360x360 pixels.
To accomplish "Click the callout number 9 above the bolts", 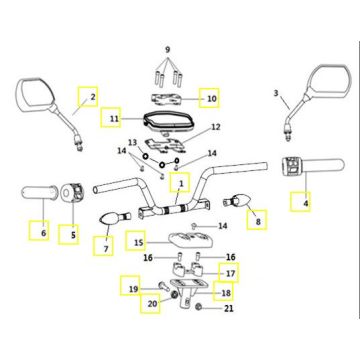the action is (168, 50).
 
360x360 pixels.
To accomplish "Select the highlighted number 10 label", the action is (209, 98).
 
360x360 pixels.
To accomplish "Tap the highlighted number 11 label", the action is (111, 117).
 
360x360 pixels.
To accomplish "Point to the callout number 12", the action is (216, 127).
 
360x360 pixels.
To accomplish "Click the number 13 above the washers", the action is (133, 143).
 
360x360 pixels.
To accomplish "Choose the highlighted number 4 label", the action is (300, 201).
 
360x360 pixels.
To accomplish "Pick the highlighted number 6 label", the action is (39, 230).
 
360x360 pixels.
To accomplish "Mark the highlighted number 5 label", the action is (69, 234).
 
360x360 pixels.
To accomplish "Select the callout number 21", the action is (229, 308).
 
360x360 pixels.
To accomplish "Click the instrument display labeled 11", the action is (169, 121).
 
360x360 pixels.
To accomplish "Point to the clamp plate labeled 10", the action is (167, 99).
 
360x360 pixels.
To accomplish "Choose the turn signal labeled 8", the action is (236, 201).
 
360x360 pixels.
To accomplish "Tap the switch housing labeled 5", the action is (72, 192).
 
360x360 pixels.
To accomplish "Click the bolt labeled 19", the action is (163, 286).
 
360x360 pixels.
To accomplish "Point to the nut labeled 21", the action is (198, 307).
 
